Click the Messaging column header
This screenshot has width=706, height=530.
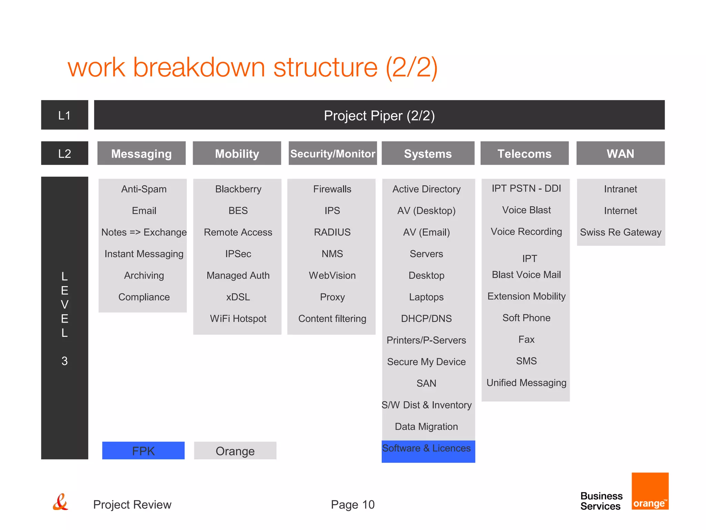point(141,153)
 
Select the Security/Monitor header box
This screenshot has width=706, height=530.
point(332,153)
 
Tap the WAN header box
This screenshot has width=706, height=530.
point(620,153)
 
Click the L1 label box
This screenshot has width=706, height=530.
point(64,115)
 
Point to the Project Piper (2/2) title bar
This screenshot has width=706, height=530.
point(379,115)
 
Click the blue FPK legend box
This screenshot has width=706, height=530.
point(143,451)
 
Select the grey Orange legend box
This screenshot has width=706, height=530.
point(235,451)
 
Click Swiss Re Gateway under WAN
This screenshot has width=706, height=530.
point(621,232)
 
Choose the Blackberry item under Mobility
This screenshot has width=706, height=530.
point(238,189)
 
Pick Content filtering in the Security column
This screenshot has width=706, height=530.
point(332,318)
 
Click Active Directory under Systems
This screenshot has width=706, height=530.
point(426,189)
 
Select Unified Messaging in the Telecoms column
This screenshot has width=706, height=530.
point(526,383)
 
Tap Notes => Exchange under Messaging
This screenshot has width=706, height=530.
point(144,232)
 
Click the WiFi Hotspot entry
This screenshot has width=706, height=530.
point(238,318)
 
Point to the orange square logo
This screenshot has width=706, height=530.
point(650,491)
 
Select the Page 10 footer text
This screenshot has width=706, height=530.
point(352,504)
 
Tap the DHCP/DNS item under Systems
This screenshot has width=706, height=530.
point(426,318)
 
